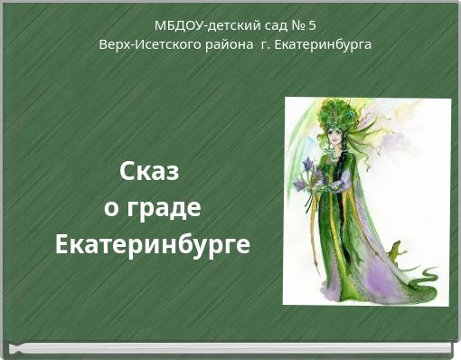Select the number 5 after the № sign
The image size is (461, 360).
pyautogui.click(x=312, y=25)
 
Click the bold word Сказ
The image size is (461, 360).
pyautogui.click(x=150, y=171)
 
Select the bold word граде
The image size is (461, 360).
pyautogui.click(x=164, y=208)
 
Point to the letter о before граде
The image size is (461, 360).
pyautogui.click(x=111, y=209)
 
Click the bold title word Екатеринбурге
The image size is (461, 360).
pyautogui.click(x=152, y=245)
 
